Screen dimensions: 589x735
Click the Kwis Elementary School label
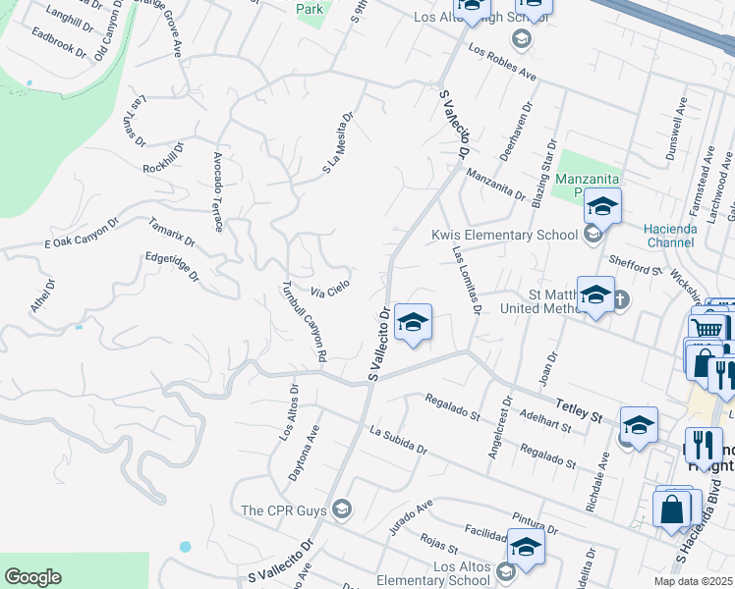[x=504, y=236]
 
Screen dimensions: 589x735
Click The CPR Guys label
[x=284, y=509]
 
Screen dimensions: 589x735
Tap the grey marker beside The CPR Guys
[x=342, y=509]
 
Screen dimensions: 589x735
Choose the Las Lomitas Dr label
[x=466, y=280]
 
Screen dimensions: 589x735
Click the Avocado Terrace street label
[x=218, y=191]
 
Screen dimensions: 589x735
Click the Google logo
[x=32, y=576]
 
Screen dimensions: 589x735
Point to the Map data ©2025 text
[x=693, y=581]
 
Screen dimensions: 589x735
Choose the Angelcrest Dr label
[x=497, y=428]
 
